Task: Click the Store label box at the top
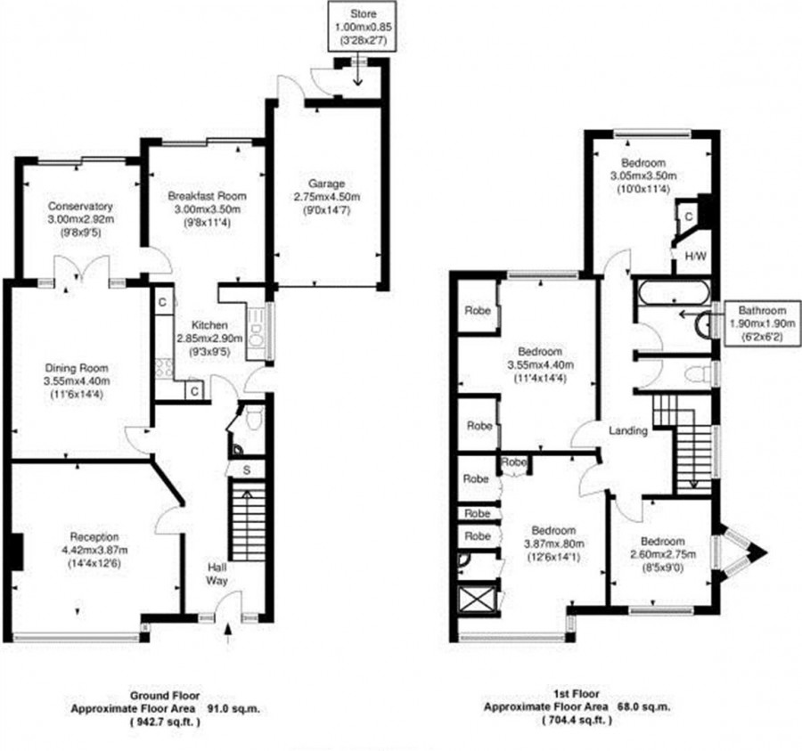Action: (x=364, y=26)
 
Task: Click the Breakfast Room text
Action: (x=207, y=196)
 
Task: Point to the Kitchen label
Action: (x=209, y=325)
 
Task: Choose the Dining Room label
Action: (x=77, y=368)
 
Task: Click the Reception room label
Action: (x=94, y=537)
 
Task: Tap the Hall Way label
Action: (x=217, y=574)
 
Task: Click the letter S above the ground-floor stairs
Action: (x=247, y=470)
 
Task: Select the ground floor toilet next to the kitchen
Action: (x=254, y=417)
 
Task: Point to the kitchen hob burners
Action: (x=164, y=368)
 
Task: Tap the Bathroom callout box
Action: (x=762, y=323)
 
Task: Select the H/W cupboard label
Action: (x=696, y=257)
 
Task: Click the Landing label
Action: (x=628, y=430)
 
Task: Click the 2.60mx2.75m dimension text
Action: (x=663, y=553)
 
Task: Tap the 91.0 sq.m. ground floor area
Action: (x=233, y=708)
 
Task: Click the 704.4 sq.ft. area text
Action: (x=577, y=721)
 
